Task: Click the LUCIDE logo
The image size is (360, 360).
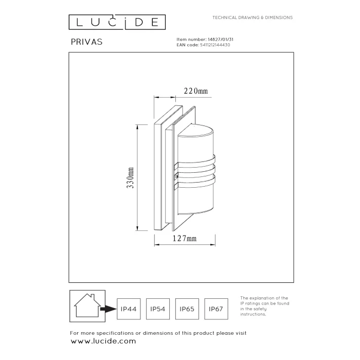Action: tap(117, 22)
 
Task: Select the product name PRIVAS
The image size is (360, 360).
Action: tap(86, 42)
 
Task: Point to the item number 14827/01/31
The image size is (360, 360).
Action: tap(221, 40)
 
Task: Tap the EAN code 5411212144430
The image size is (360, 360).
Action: tap(215, 45)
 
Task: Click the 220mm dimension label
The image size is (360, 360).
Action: tap(196, 91)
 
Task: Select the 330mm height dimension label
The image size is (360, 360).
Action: tap(130, 178)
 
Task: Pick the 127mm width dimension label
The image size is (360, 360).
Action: tap(185, 239)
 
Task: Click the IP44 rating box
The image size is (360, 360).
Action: tap(129, 309)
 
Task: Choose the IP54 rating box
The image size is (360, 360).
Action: tap(158, 309)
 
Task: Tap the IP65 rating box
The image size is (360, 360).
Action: tap(187, 309)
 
